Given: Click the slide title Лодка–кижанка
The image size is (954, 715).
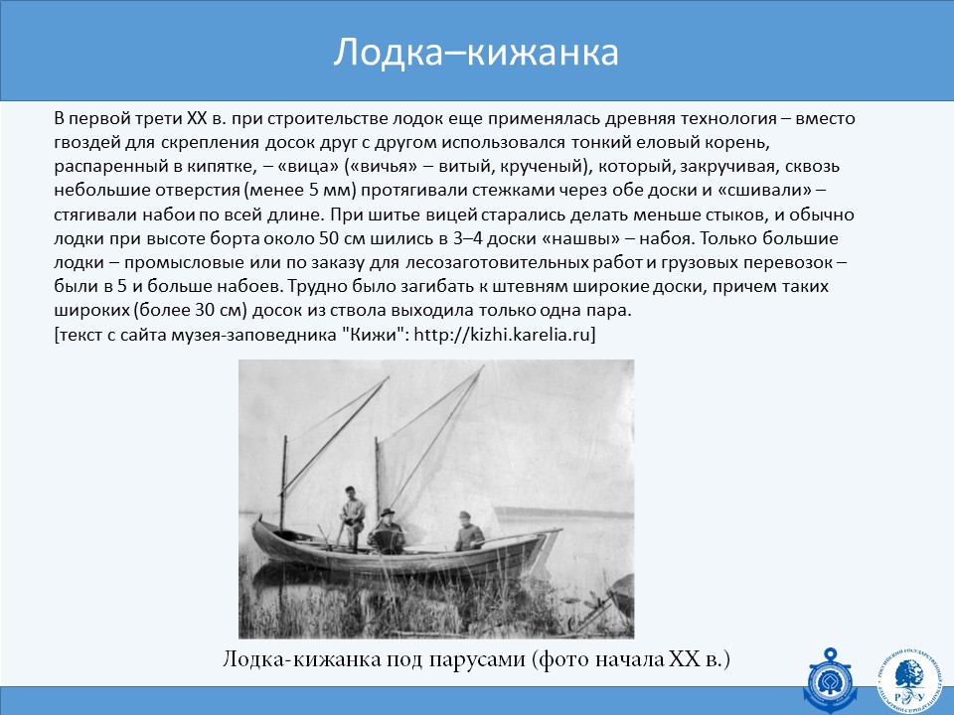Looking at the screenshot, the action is coord(476,53).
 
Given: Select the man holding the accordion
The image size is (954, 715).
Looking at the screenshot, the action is coord(386,531).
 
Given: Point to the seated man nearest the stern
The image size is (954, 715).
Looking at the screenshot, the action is coord(468,531).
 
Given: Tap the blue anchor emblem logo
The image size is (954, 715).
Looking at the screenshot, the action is coord(830,679).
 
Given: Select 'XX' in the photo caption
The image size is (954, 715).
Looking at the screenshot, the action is coord(685,659).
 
